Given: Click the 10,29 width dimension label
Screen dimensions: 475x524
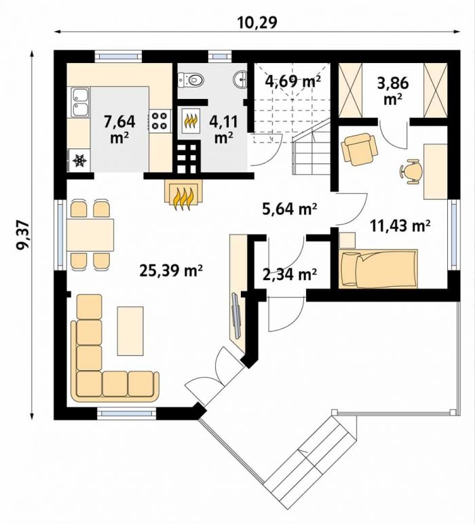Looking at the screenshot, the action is (257, 22).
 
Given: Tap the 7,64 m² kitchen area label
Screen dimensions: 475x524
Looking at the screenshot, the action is (119, 129).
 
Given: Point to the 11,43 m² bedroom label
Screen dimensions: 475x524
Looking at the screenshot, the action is (400, 226).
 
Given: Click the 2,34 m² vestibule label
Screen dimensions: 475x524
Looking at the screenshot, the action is (290, 274).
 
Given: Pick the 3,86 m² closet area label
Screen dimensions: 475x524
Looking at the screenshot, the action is (393, 90).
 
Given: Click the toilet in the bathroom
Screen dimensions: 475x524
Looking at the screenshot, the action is (191, 80).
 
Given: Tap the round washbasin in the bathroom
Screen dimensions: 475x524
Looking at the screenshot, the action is (240, 79).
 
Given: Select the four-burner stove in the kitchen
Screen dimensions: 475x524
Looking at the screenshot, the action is (159, 121).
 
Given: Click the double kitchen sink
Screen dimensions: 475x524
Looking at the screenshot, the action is (79, 102).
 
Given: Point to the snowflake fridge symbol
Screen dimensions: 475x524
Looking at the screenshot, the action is (80, 161).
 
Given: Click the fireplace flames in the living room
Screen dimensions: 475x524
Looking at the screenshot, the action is (183, 199).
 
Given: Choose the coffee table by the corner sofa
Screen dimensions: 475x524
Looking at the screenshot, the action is (130, 331).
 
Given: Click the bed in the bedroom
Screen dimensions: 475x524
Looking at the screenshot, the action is (378, 268).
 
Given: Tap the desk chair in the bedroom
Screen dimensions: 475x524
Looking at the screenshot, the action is (411, 171).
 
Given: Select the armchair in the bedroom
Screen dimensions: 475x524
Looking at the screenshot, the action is (359, 148).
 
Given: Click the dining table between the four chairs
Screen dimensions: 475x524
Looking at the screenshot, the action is (90, 235).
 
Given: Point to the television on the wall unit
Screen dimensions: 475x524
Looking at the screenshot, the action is (237, 315).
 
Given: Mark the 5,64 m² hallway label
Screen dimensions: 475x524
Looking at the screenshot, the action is (289, 209).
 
